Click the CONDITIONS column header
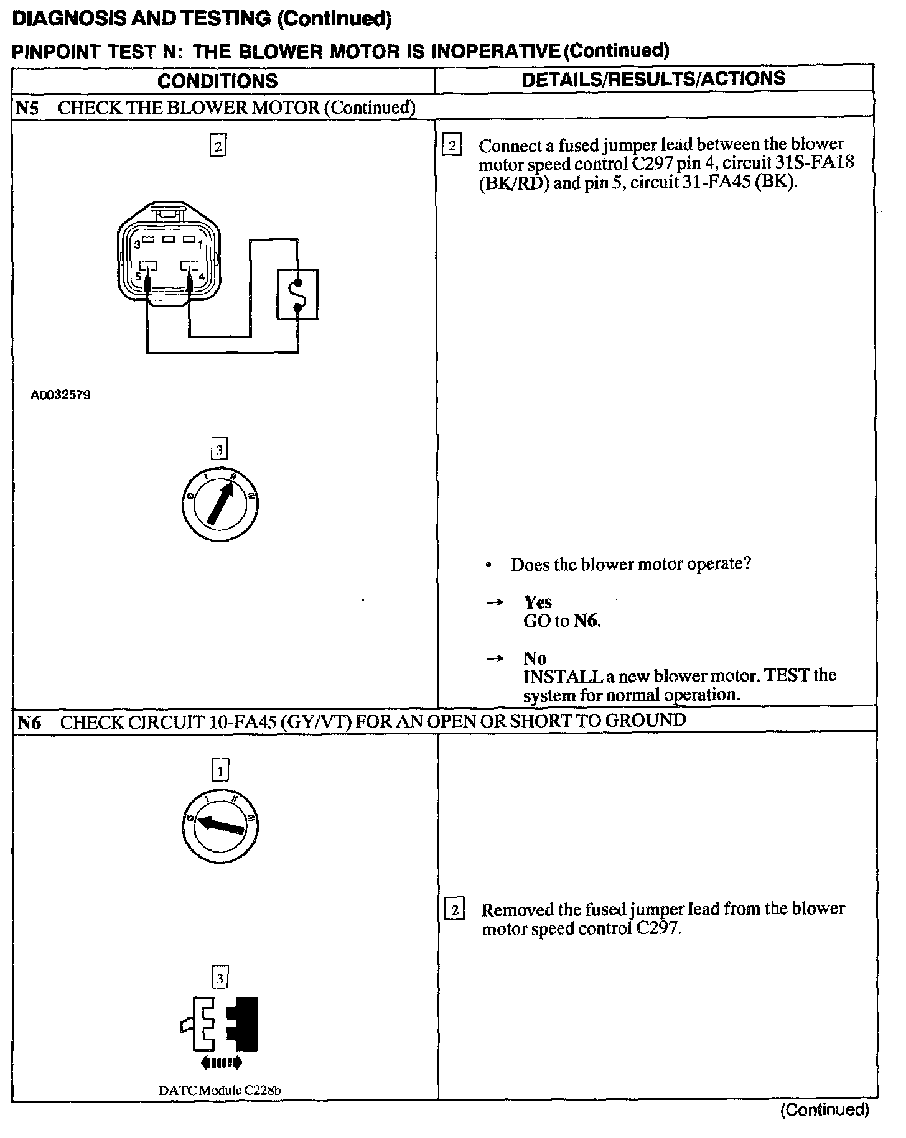(217, 81)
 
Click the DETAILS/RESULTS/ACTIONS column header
(653, 79)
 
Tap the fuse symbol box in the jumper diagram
(297, 294)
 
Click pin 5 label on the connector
(138, 276)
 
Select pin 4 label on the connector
(201, 276)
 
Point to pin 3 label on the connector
(136, 244)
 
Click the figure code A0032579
(61, 395)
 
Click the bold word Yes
(537, 602)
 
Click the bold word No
(535, 658)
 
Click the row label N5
(27, 108)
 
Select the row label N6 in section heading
(29, 722)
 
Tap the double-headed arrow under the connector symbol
(220, 1063)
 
